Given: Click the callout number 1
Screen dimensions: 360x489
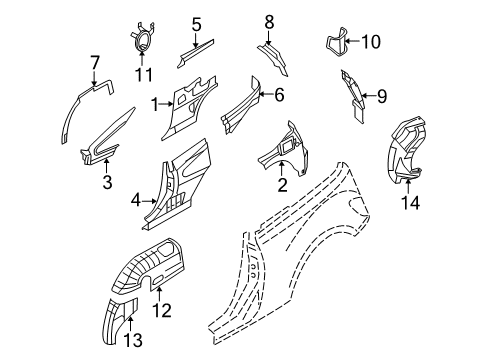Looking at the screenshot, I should tap(156, 103).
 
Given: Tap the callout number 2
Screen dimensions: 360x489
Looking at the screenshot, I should tap(283, 184).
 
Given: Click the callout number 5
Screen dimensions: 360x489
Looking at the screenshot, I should tap(197, 24).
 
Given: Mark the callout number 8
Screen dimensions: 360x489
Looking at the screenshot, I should tap(268, 19).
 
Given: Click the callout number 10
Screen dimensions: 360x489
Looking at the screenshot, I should tap(371, 41).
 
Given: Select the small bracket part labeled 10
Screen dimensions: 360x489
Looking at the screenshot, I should tap(339, 43).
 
